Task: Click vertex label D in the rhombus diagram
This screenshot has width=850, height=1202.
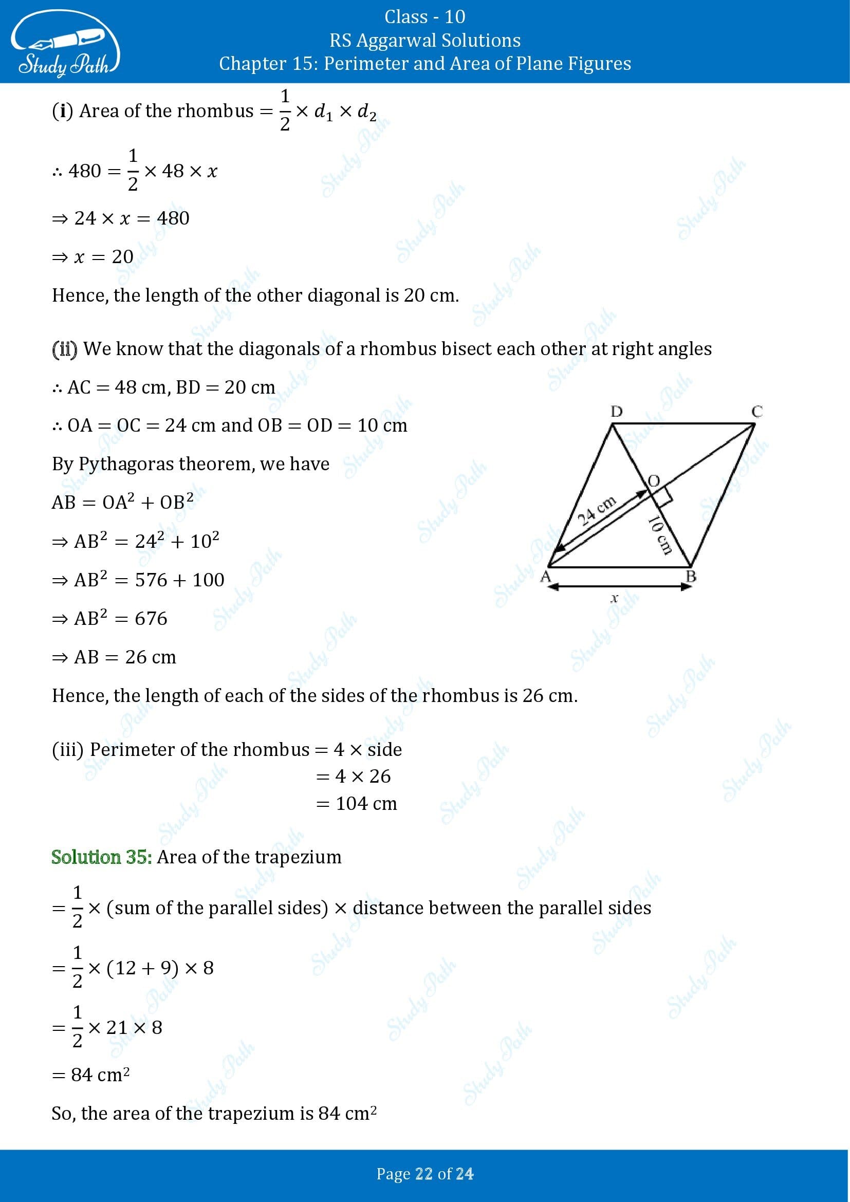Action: pyautogui.click(x=616, y=412)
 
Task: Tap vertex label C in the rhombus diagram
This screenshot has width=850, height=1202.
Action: pyautogui.click(x=756, y=412)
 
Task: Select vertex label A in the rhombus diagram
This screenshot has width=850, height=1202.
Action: pyautogui.click(x=545, y=577)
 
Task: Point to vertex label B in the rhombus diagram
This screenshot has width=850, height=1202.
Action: pyautogui.click(x=691, y=577)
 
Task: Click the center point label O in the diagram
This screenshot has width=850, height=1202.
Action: pyautogui.click(x=654, y=480)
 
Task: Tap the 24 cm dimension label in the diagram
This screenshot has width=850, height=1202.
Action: pyautogui.click(x=597, y=509)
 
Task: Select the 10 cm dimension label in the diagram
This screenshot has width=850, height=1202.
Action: pyautogui.click(x=659, y=535)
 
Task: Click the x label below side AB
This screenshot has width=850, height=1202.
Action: pyautogui.click(x=615, y=598)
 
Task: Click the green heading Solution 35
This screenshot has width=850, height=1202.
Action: pyautogui.click(x=102, y=857)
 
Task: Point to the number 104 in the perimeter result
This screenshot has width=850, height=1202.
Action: pyautogui.click(x=352, y=803)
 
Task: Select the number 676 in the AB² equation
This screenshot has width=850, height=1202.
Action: pyautogui.click(x=151, y=618)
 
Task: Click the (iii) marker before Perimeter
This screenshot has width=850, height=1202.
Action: pyautogui.click(x=67, y=750)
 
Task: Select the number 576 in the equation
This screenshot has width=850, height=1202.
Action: pyautogui.click(x=151, y=580)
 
